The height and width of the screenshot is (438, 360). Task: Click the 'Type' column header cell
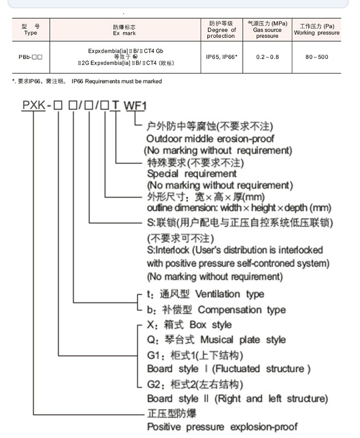click(30, 30)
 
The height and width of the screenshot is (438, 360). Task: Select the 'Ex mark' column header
click(124, 30)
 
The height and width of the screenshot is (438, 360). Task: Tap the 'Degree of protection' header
click(221, 30)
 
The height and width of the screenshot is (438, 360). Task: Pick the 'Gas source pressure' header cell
click(267, 30)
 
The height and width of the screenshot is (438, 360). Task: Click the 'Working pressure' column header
click(316, 30)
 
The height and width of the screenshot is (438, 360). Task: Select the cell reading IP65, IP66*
click(221, 57)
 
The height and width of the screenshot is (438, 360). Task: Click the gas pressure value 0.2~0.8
click(267, 57)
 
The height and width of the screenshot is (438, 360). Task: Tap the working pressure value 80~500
click(316, 57)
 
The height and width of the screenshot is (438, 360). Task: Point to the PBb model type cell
click(30, 57)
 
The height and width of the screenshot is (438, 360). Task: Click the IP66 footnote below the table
click(86, 82)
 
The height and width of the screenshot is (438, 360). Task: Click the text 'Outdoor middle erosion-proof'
click(211, 139)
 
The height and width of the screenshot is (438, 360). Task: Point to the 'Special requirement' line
click(192, 173)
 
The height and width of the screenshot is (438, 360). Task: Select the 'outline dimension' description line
click(239, 208)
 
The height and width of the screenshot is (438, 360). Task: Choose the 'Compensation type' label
click(241, 310)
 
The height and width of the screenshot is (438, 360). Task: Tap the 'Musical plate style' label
click(242, 340)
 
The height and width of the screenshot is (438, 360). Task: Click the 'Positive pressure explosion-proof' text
click(222, 426)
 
